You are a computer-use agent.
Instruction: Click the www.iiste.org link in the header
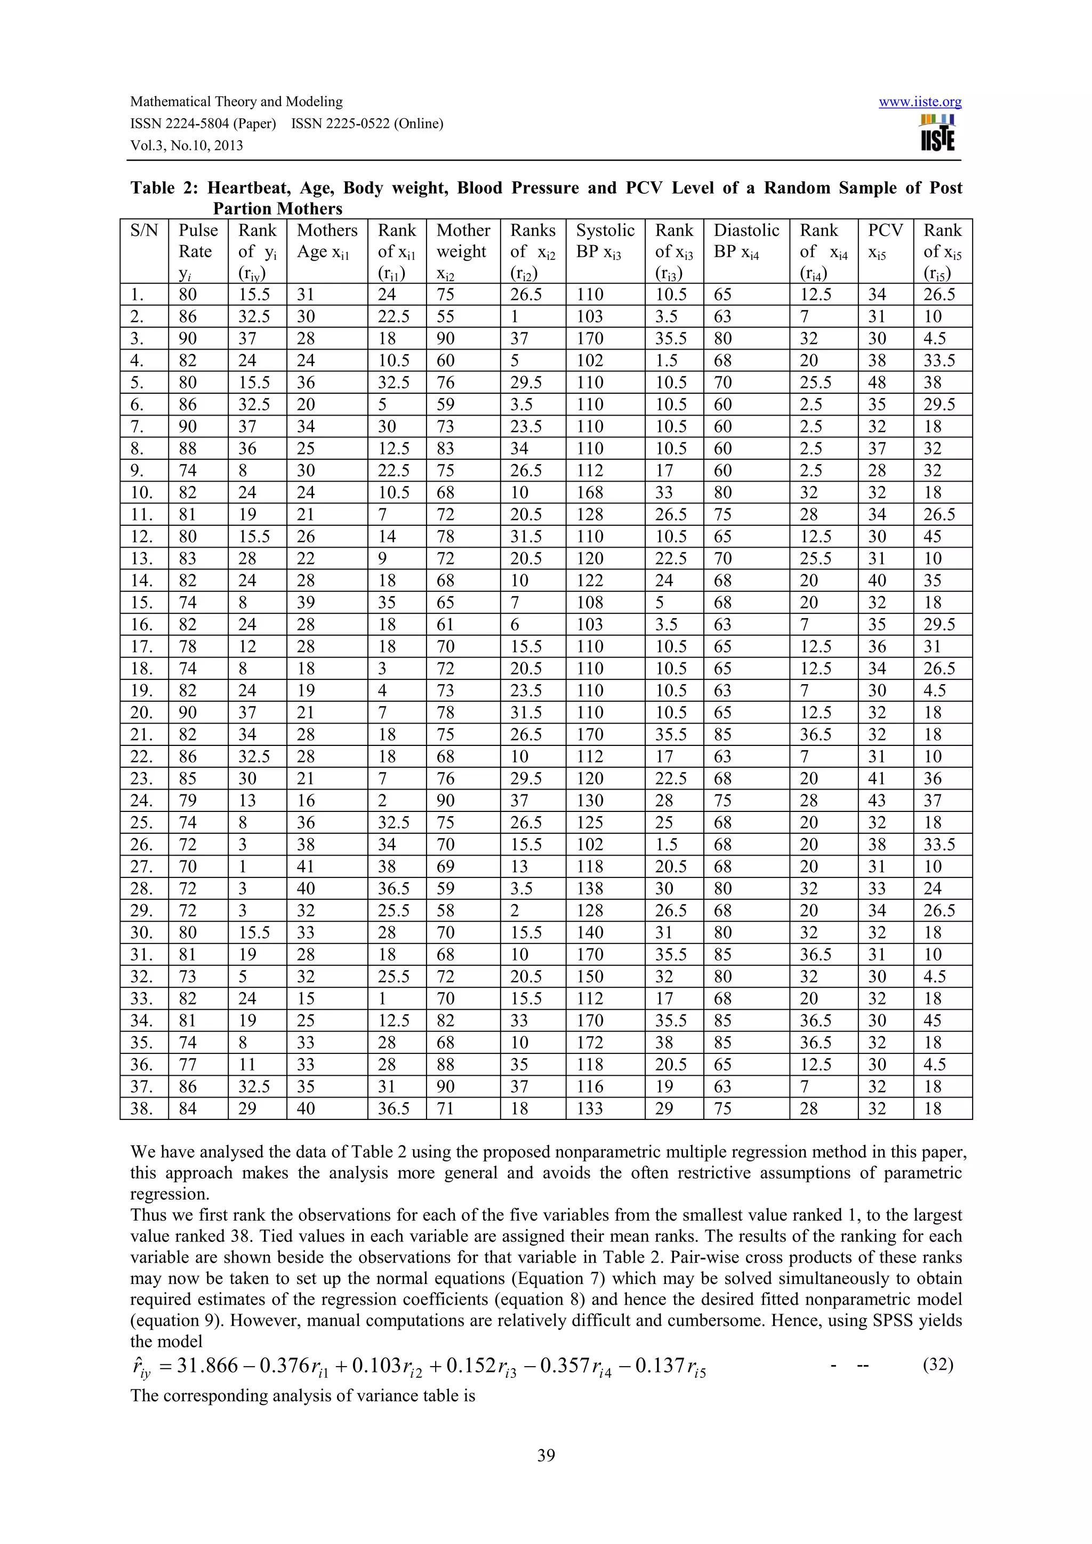tap(920, 102)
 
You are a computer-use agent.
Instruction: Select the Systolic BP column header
tap(605, 241)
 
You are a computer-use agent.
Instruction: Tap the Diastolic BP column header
tap(745, 241)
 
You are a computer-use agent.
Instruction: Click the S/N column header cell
tap(144, 231)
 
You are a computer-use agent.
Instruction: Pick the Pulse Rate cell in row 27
tap(188, 866)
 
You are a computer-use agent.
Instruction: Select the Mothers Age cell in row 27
tap(306, 866)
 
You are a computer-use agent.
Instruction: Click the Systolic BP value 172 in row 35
tap(590, 1042)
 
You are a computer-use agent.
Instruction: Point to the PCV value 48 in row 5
tap(877, 383)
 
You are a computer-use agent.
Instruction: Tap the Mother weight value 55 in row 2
tap(445, 316)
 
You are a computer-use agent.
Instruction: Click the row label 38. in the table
tap(141, 1108)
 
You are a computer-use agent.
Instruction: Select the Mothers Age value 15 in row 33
tap(306, 998)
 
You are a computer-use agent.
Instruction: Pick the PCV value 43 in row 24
tap(877, 800)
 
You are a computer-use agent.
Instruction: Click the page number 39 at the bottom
tap(545, 1455)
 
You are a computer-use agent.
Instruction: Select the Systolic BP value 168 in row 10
tap(590, 492)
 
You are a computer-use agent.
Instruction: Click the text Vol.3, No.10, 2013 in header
tap(187, 146)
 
